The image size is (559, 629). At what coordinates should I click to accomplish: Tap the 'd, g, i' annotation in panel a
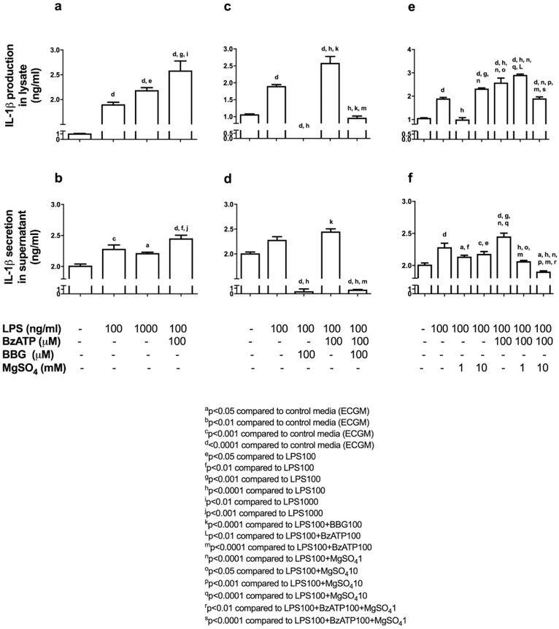click(180, 53)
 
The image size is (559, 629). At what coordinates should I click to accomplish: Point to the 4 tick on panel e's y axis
click(411, 50)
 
